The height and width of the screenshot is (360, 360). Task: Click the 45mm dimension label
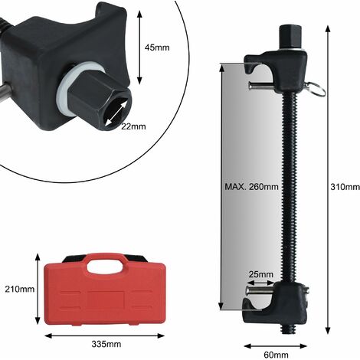click(x=157, y=47)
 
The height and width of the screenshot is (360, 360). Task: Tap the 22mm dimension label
click(x=133, y=126)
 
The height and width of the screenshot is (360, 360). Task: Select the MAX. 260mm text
click(x=251, y=187)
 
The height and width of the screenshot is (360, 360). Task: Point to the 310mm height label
click(x=345, y=187)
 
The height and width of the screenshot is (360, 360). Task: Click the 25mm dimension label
click(x=261, y=274)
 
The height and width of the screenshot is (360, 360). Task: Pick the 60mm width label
click(x=276, y=355)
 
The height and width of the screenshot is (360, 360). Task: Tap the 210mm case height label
click(x=20, y=289)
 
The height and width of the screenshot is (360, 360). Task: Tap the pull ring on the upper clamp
click(x=317, y=89)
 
